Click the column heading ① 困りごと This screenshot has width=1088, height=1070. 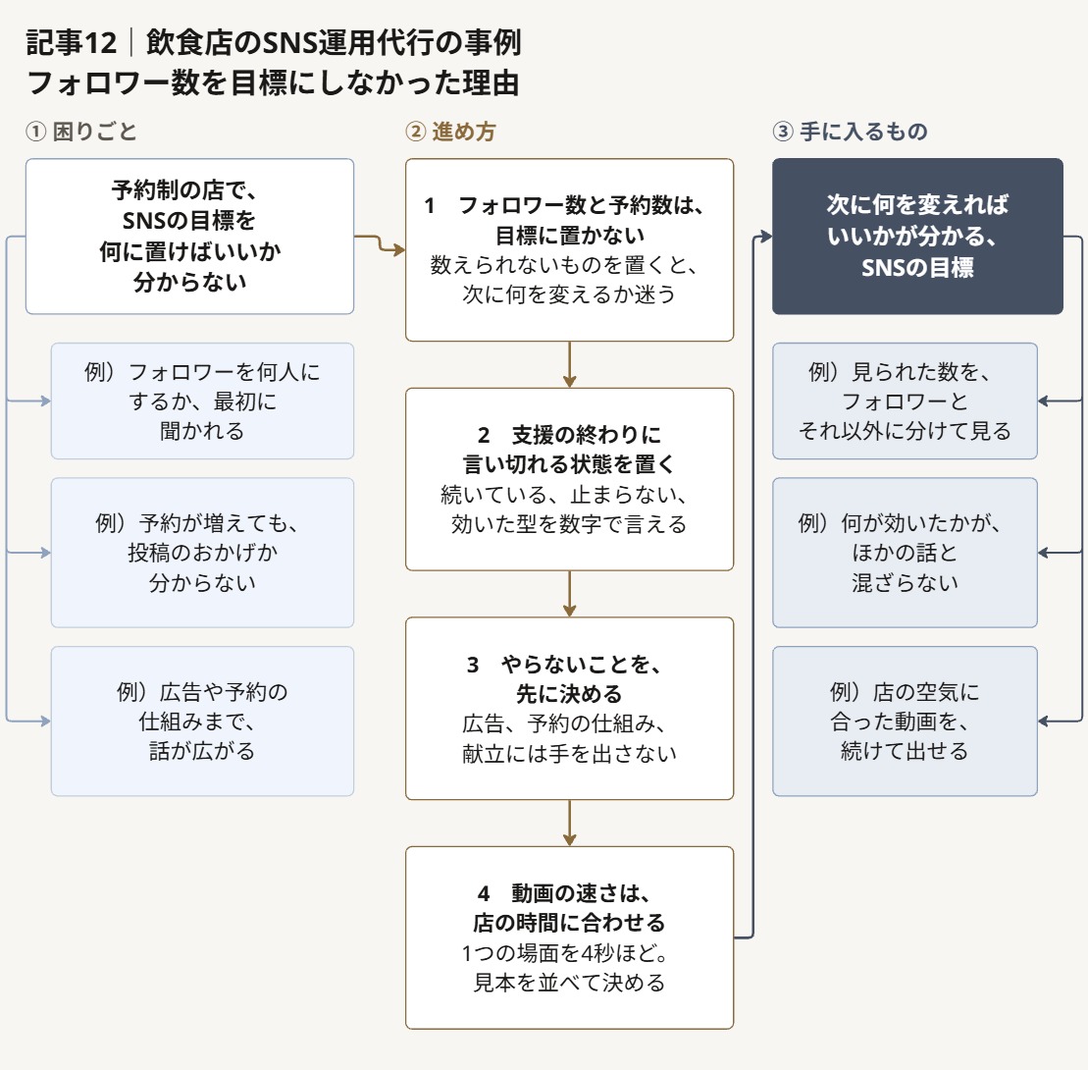point(81,132)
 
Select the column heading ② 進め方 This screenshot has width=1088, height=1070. point(450,132)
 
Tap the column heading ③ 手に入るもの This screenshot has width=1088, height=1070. point(850,132)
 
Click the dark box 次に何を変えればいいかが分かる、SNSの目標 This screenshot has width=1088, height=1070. point(917,236)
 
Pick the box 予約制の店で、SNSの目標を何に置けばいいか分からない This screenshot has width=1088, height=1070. point(189,236)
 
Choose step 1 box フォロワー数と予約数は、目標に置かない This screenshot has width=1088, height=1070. point(569,250)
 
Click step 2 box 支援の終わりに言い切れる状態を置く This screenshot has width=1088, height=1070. point(569,479)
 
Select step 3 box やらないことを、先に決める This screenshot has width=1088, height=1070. point(569,708)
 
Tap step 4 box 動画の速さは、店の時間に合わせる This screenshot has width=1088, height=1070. point(569,937)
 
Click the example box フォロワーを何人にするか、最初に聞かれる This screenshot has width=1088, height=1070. point(202,401)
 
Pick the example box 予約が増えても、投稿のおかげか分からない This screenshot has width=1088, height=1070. point(202,553)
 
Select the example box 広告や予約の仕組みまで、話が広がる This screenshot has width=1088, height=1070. point(202,721)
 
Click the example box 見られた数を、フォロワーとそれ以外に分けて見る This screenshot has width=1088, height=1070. point(905,401)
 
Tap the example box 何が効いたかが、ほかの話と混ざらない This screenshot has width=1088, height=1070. point(905,553)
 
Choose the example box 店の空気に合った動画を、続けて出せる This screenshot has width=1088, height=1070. point(905,721)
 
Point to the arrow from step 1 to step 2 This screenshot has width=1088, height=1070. point(569,364)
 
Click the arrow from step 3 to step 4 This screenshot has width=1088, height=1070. point(569,823)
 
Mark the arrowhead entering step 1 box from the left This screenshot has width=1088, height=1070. point(399,249)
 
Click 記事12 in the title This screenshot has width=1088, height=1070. point(71,43)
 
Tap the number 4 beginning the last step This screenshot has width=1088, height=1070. point(484,893)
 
